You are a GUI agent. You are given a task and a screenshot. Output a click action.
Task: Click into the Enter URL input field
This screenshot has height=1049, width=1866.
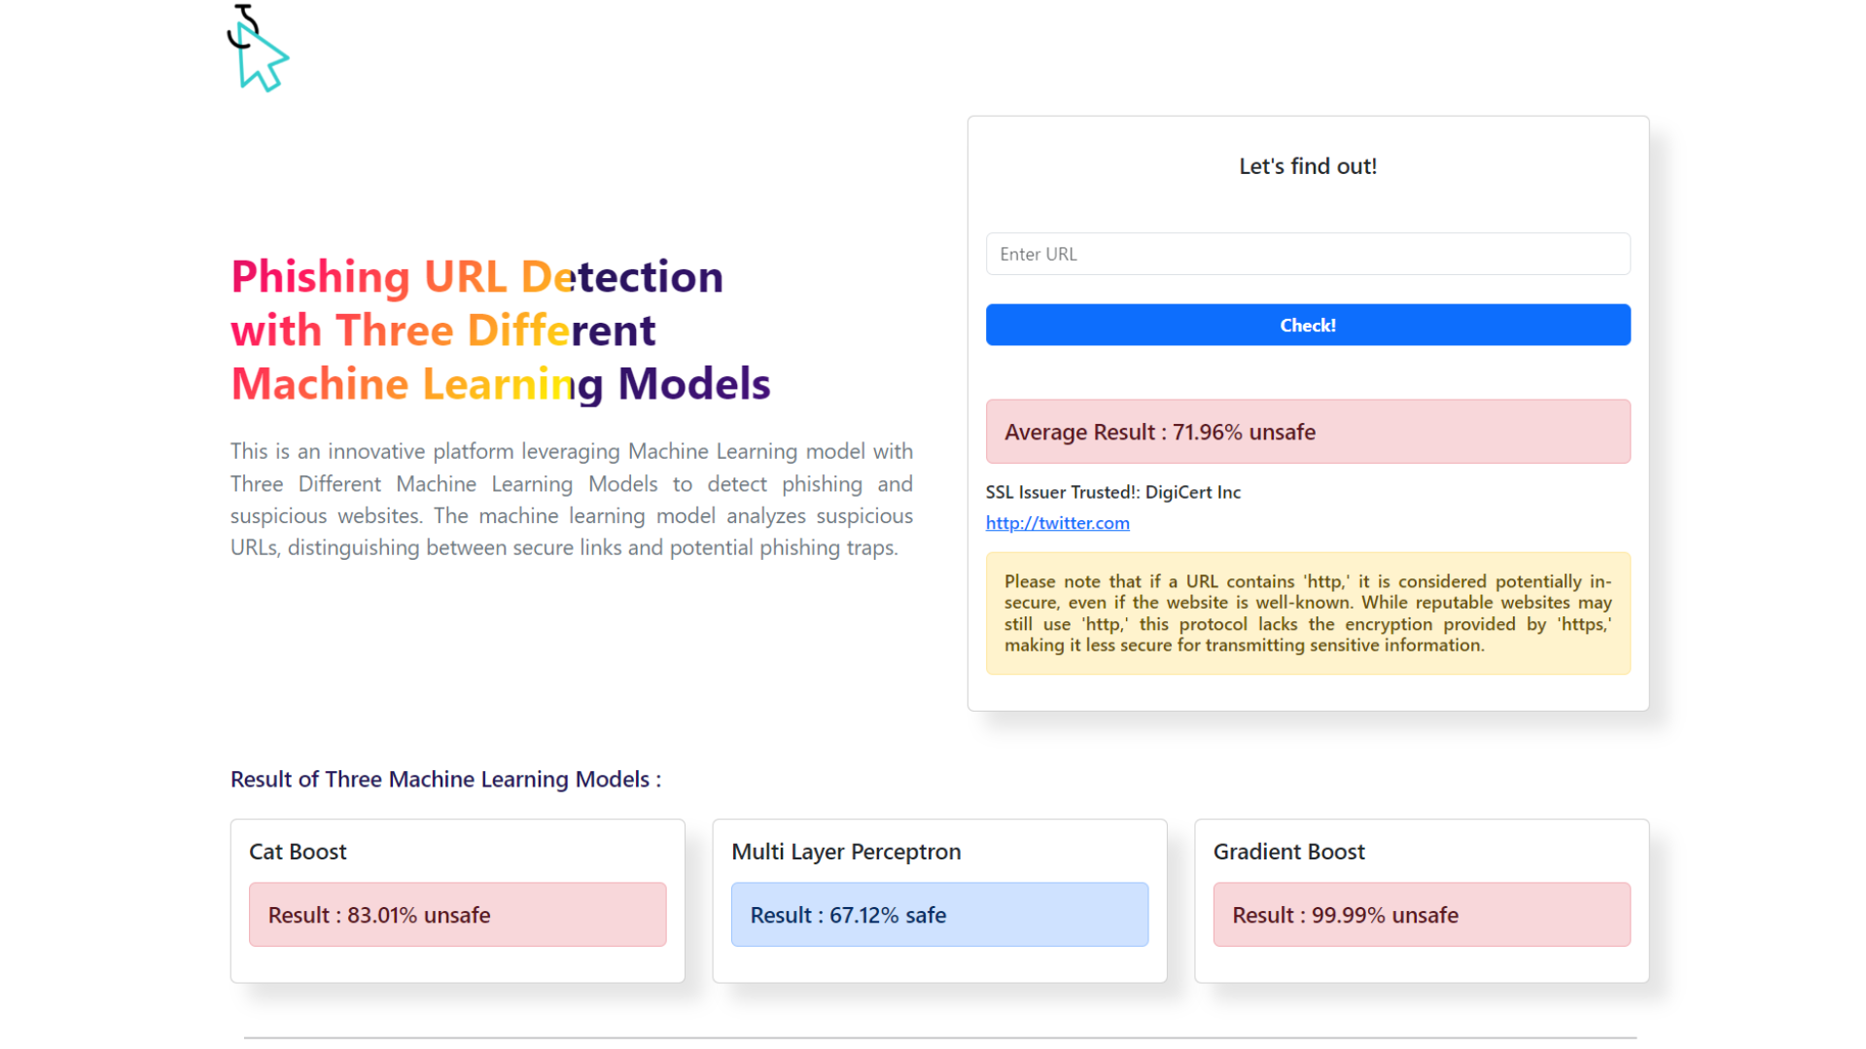coord(1307,254)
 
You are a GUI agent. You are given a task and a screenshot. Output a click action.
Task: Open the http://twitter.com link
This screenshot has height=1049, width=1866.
coord(1057,523)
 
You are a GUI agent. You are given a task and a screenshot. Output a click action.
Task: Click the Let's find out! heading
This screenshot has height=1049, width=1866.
coord(1307,166)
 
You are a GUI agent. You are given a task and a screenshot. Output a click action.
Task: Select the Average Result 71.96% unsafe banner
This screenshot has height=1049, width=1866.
coord(1307,432)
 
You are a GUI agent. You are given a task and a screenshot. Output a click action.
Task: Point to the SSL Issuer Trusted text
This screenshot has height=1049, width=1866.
coord(1064,492)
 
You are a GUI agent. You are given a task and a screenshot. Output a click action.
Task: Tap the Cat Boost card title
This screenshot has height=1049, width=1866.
coord(298,852)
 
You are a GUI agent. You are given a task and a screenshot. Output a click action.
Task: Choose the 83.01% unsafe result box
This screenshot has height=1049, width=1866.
coord(457,915)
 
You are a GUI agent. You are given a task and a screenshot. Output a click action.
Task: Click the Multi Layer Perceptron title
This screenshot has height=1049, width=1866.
coord(845,852)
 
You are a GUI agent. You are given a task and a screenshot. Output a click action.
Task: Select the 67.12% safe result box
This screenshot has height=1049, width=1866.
coord(938,915)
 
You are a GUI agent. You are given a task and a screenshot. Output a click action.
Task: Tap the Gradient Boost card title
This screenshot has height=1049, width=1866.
coord(1288,852)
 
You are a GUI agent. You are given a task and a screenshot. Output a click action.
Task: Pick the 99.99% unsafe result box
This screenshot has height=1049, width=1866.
coord(1421,915)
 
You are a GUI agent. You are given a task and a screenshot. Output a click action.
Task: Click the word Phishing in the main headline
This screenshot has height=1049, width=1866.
coord(320,277)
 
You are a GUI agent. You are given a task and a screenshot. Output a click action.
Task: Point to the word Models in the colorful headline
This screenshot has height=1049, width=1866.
coord(693,384)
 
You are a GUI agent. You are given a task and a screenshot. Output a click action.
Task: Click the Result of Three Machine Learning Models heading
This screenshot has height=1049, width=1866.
coord(445,780)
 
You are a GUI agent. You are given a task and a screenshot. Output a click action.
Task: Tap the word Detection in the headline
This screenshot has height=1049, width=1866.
coord(621,277)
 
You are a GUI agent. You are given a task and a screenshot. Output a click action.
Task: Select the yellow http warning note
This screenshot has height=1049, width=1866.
coord(1307,613)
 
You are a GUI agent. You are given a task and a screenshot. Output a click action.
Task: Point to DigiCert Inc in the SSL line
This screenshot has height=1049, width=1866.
coord(1192,492)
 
